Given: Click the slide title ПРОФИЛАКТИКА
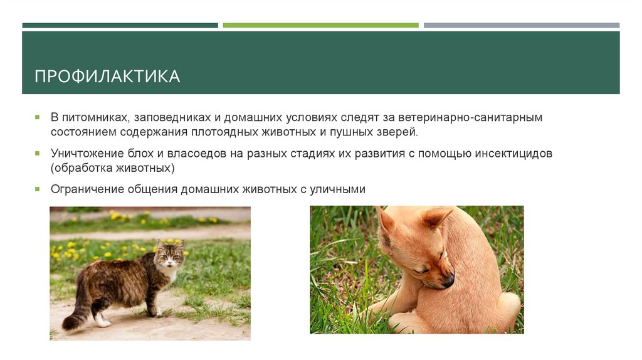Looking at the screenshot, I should tap(107, 77).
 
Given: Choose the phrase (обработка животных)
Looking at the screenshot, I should tap(113, 168).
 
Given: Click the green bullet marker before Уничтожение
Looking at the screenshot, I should tap(37, 153).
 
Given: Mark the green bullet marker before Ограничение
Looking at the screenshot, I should tap(37, 188).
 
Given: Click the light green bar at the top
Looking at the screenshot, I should tap(320, 25).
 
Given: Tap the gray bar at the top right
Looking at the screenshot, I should tap(521, 25).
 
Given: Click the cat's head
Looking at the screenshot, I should tap(171, 253).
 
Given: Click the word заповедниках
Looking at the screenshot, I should tap(165, 118).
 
